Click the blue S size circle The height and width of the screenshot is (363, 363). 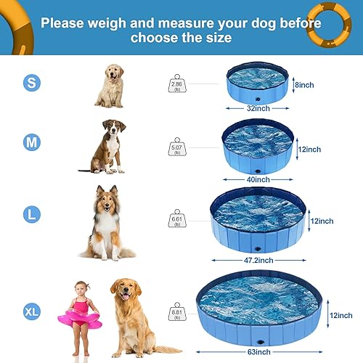[31, 83]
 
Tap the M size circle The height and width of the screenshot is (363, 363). [31, 142]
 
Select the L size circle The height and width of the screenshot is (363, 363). [31, 214]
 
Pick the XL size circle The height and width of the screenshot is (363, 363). [31, 312]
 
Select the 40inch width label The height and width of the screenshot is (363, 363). [259, 179]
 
